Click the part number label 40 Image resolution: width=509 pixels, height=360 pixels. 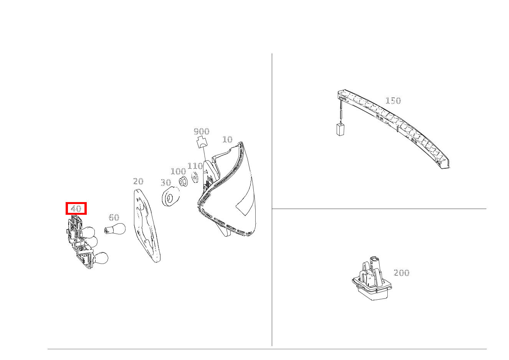76,209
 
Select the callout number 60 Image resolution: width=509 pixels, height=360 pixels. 114,217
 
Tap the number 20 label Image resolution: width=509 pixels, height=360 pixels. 138,181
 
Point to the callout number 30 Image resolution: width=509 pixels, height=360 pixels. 166,182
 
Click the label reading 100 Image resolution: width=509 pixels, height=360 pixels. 178,171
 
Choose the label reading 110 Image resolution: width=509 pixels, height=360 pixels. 195,166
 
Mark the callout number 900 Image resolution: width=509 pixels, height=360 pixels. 202,131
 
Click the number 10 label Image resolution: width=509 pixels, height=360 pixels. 227,139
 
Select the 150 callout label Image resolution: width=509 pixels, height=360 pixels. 393,101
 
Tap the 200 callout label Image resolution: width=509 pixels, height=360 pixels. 402,273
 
